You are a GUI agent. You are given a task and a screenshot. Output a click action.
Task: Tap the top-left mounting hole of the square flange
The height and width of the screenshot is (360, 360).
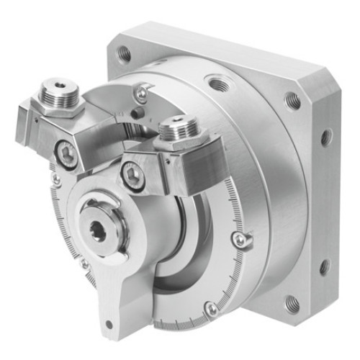point(125,52)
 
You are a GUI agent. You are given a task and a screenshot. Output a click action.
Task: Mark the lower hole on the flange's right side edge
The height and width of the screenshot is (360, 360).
point(325,266)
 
